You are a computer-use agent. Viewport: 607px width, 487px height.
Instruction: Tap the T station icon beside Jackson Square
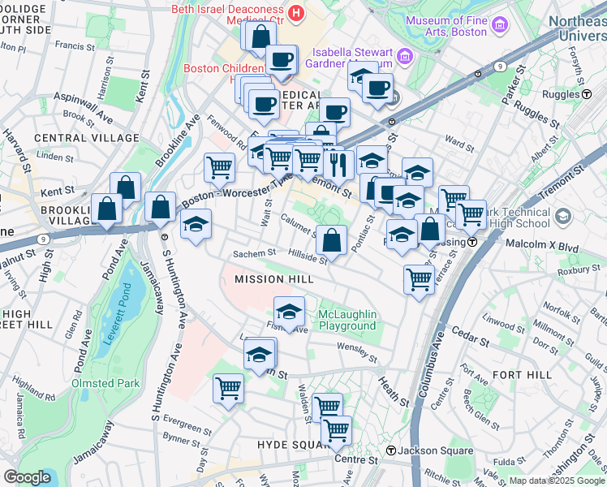390,450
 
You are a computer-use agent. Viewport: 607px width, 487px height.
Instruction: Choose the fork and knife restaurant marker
336,164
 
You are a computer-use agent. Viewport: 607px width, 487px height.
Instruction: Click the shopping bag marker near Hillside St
331,240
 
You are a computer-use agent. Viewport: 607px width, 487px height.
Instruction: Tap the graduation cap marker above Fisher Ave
289,312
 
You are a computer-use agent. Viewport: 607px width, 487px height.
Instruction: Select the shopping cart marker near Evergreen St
228,387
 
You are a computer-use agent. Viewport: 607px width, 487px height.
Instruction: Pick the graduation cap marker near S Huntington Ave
196,224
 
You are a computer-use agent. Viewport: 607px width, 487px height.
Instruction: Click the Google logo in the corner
28,477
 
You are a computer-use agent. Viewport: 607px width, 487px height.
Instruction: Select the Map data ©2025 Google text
557,481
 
